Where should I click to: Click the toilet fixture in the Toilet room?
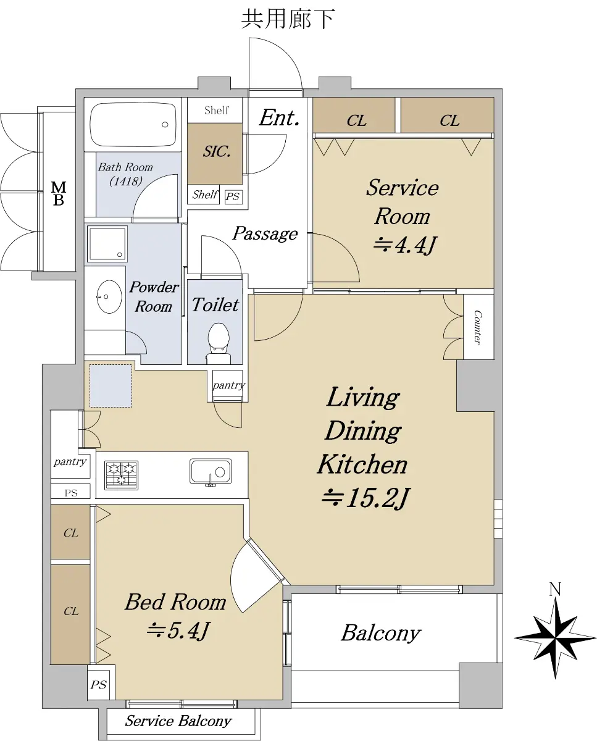(x=219, y=343)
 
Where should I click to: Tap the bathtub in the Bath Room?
(x=133, y=124)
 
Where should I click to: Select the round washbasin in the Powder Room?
(x=109, y=296)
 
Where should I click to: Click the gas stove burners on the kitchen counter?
(x=122, y=475)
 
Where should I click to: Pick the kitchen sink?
(x=211, y=471)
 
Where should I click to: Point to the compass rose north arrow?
(x=555, y=638)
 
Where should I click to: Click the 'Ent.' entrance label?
(x=279, y=118)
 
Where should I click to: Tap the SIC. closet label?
(x=217, y=151)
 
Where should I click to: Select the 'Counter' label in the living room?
(x=477, y=327)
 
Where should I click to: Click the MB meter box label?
(x=59, y=194)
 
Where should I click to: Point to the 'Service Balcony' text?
(x=178, y=721)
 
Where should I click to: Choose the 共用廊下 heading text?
(x=288, y=19)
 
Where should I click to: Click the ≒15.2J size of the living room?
(x=365, y=498)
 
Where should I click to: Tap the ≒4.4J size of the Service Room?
(x=405, y=245)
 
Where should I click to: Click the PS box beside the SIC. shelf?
(x=233, y=196)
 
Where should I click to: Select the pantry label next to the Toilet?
(x=228, y=385)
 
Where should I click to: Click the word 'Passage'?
(x=265, y=234)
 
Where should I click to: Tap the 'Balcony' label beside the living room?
(x=381, y=633)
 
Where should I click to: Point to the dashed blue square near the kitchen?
(x=111, y=386)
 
